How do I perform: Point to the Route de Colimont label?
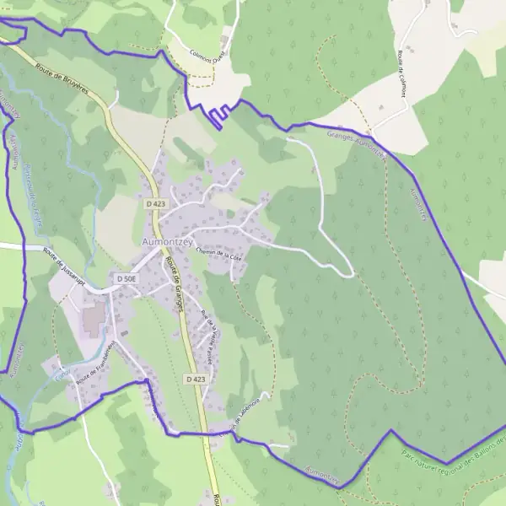[407, 71]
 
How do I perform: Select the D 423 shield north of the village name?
[154, 204]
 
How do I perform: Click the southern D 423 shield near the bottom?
[195, 380]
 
